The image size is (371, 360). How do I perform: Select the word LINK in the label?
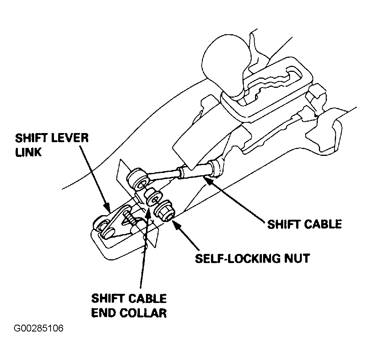pyautogui.click(x=29, y=152)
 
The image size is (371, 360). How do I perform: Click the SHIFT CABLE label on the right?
pyautogui.click(x=304, y=224)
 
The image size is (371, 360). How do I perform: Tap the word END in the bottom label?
pyautogui.click(x=103, y=313)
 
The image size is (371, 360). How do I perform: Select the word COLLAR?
pyautogui.click(x=143, y=313)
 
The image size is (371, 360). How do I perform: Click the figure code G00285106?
pyautogui.click(x=38, y=328)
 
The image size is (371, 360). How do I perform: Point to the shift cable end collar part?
pyautogui.click(x=153, y=197)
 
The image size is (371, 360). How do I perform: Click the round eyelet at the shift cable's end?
pyautogui.click(x=137, y=180)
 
